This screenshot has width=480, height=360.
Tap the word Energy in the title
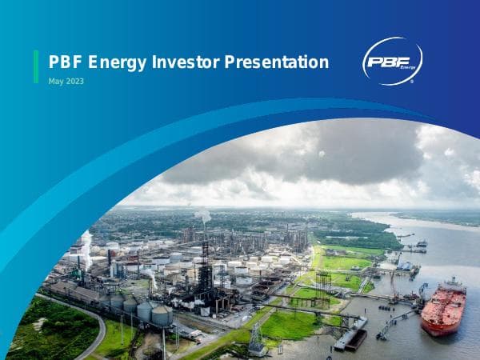(121, 62)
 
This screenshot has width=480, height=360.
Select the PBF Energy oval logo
(392, 62)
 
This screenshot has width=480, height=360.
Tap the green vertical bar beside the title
(36, 66)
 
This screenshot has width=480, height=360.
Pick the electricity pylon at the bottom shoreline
(257, 340)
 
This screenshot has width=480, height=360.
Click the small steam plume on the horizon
(204, 214)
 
